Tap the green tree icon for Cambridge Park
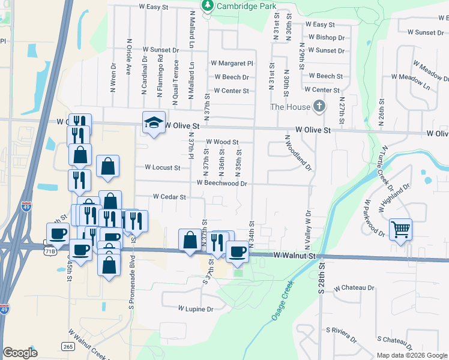point(208,5)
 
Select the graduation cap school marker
point(153,123)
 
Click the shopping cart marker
point(400,229)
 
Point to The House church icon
point(319,107)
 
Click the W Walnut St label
point(294,256)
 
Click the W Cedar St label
point(169,196)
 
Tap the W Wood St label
point(223,142)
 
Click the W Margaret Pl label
point(232,63)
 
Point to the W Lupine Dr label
point(196,309)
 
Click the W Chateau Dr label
point(354,288)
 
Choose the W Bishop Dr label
point(327,37)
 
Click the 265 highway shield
point(67,346)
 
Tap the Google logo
point(20,353)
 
